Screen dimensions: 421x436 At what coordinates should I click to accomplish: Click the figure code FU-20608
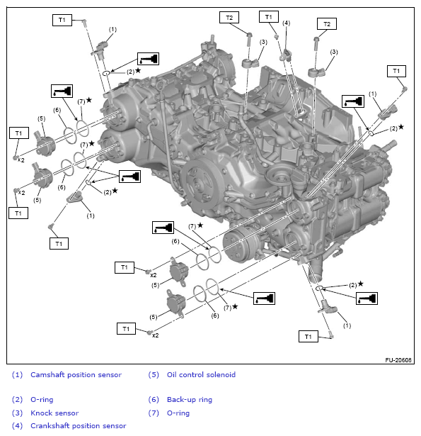pyautogui.click(x=398, y=360)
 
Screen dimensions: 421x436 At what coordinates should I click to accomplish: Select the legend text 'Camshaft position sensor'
pyautogui.click(x=76, y=375)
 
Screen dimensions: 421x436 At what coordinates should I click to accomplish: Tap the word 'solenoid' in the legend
pyautogui.click(x=221, y=375)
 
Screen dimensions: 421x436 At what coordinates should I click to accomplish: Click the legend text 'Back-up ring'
pyautogui.click(x=190, y=400)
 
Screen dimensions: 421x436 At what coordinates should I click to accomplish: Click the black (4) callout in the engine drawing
pyautogui.click(x=286, y=23)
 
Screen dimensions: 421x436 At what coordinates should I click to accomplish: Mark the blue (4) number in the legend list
pyautogui.click(x=17, y=426)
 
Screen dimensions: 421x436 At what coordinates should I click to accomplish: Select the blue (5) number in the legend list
pyautogui.click(x=154, y=375)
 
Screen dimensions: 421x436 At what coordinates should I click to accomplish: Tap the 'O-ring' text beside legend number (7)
pyautogui.click(x=178, y=413)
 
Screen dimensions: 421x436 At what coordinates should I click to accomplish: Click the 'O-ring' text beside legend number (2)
pyautogui.click(x=42, y=400)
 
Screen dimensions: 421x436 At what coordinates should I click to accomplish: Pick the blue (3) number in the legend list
pyautogui.click(x=17, y=413)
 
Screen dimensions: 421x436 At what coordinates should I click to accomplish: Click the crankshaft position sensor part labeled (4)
pyautogui.click(x=286, y=55)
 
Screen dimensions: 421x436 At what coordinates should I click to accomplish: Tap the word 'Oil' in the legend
pyautogui.click(x=171, y=375)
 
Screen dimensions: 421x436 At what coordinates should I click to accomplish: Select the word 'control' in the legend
pyautogui.click(x=192, y=375)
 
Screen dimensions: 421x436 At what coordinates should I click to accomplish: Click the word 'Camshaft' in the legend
pyautogui.click(x=47, y=375)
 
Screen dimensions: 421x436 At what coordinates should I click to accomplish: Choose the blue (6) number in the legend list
pyautogui.click(x=154, y=400)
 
